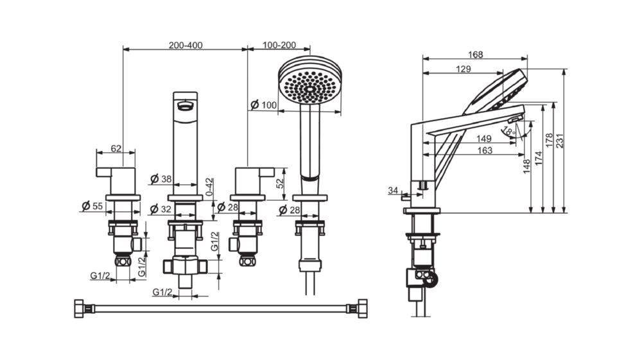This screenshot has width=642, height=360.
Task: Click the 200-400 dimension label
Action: point(186,46)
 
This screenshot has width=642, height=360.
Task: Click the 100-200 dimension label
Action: point(279,46)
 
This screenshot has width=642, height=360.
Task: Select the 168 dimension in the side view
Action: point(476,55)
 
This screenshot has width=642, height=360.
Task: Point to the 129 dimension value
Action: point(465,69)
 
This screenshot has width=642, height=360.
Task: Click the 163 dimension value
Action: point(485,150)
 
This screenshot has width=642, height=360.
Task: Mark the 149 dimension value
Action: point(485,139)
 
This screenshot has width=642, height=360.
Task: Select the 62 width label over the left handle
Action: point(116,149)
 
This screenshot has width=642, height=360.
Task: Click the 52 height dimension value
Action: point(279,183)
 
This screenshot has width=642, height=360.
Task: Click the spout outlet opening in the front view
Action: point(186,105)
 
